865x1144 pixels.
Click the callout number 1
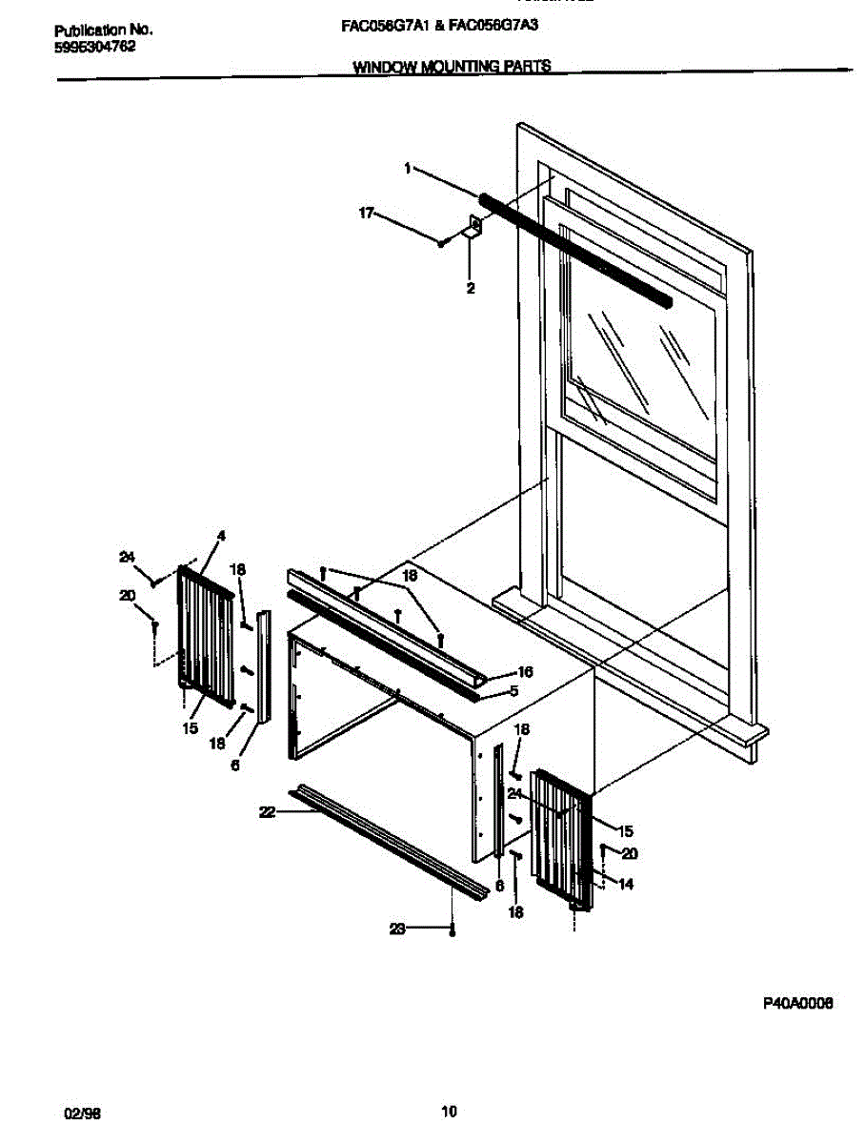[407, 168]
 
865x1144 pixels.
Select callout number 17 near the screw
[366, 213]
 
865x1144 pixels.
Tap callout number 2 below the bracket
[471, 288]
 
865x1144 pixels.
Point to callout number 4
[221, 537]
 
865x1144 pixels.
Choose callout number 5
[513, 691]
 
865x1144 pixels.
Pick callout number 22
[267, 811]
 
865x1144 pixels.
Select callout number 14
[626, 884]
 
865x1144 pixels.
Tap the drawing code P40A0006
[797, 1003]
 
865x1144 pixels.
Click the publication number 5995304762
[94, 45]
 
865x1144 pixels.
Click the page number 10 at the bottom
[450, 1111]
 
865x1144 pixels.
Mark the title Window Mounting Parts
[452, 67]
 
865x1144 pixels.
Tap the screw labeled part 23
[453, 930]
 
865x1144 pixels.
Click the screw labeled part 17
[442, 243]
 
